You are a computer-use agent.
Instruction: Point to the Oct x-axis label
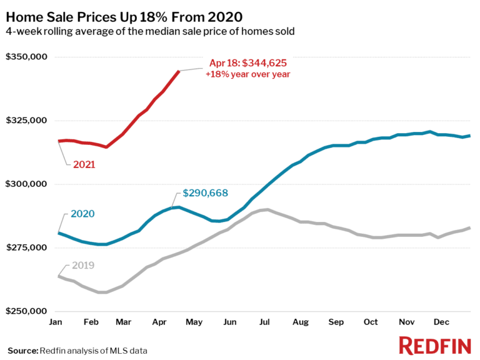371,322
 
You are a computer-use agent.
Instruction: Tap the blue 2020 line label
82,214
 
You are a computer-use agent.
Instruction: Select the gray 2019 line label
82,265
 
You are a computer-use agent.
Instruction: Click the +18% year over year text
248,74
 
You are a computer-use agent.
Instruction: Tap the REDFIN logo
434,344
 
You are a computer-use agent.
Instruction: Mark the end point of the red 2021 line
179,71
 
